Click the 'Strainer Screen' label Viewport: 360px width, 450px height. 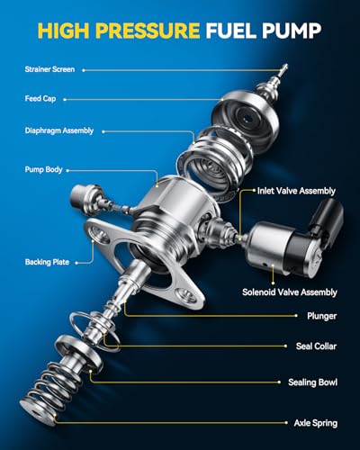tap(49, 69)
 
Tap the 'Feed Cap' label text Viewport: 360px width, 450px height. tap(40, 98)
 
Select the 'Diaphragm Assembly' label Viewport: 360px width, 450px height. tap(59, 130)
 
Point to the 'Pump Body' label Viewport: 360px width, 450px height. tap(43, 169)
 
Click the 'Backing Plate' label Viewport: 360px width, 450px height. tap(47, 262)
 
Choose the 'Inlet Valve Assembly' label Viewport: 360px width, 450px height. tap(296, 191)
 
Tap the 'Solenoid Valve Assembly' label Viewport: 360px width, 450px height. tap(290, 292)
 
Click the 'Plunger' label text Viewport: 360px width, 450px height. tap(321, 316)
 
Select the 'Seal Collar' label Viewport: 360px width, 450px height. tap(316, 346)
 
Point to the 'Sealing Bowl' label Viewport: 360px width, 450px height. tap(312, 382)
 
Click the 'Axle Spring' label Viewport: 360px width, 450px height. tap(316, 423)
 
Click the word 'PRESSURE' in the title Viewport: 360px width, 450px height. tap(148, 31)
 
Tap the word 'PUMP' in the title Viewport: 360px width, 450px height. tap(292, 31)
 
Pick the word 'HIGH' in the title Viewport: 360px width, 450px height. tap(64, 31)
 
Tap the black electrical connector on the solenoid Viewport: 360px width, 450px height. tap(326, 222)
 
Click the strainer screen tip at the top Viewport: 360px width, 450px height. tap(283, 69)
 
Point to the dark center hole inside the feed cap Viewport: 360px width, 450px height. tap(248, 119)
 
